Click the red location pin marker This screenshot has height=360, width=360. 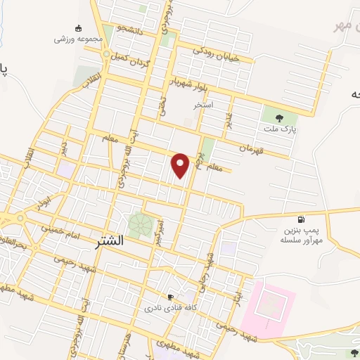181,165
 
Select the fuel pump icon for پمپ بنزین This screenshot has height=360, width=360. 302,219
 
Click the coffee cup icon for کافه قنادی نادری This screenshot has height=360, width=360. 169,297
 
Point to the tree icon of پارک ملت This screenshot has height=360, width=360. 281,118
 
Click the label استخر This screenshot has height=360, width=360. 203,104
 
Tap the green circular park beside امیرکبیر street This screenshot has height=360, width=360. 140,224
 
